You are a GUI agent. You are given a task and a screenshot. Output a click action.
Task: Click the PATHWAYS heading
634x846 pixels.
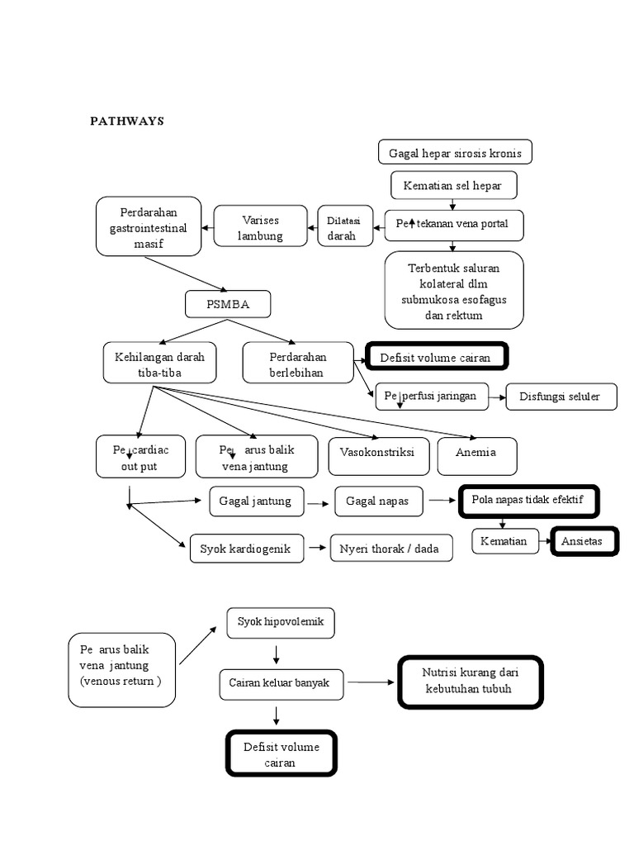click(127, 121)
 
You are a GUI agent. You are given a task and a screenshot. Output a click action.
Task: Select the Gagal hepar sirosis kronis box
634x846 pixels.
click(455, 153)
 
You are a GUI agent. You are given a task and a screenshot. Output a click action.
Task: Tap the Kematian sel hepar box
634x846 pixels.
click(454, 186)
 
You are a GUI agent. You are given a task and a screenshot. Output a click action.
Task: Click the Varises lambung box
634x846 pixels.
click(261, 227)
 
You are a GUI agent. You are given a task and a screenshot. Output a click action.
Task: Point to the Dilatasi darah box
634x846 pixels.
click(343, 227)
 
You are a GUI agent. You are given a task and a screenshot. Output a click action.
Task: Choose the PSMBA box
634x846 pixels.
click(228, 305)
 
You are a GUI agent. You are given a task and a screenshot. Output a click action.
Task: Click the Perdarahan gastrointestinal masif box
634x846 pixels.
click(149, 226)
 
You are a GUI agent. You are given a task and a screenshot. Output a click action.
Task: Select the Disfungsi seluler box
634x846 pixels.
click(562, 397)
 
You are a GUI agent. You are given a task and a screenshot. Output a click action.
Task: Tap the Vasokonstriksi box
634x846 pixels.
click(378, 455)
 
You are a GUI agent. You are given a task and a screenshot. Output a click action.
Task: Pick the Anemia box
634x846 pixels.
click(476, 455)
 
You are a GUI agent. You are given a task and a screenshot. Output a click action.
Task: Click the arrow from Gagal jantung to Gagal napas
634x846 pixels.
click(319, 501)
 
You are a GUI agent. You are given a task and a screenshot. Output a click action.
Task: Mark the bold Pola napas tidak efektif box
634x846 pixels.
click(528, 501)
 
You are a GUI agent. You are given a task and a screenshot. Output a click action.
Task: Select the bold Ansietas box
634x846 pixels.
click(584, 542)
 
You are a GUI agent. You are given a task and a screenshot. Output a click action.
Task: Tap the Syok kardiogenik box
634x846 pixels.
click(246, 548)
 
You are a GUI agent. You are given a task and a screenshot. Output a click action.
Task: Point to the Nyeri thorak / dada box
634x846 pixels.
click(390, 548)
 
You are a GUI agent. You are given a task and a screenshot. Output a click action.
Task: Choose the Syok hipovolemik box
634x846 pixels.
click(281, 622)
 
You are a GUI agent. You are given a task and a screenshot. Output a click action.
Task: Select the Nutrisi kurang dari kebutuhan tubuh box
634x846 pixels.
click(471, 682)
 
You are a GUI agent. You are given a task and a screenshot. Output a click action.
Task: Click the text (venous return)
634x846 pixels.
click(121, 681)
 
